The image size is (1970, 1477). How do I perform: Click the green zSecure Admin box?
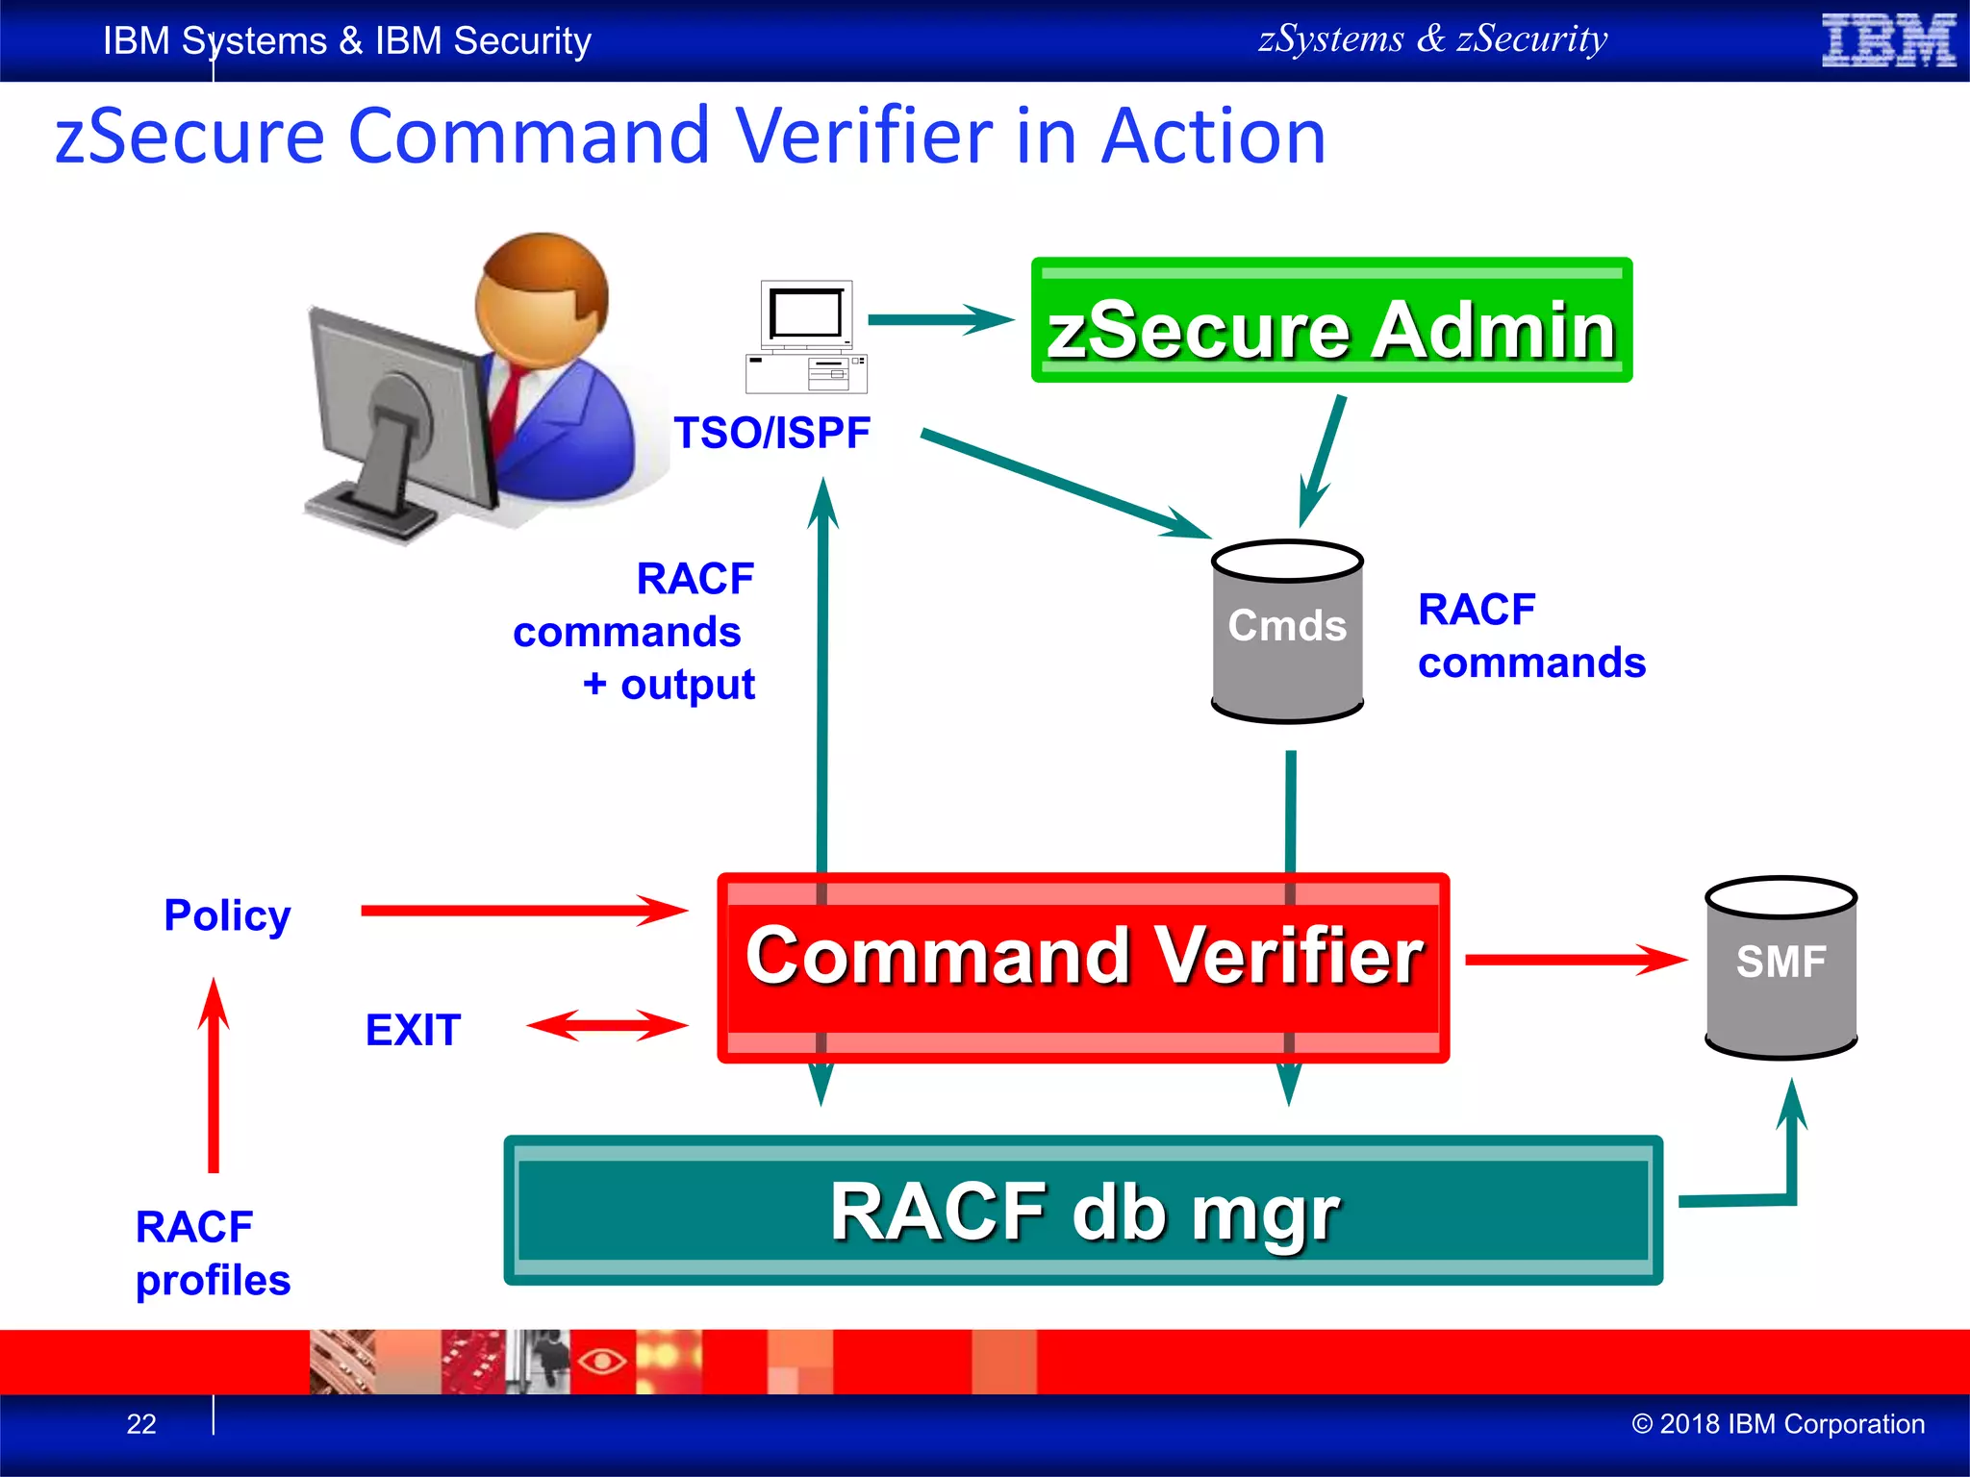[x=1330, y=320]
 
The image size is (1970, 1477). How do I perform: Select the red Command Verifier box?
[x=1083, y=966]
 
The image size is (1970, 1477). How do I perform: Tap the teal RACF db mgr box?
[x=1083, y=1211]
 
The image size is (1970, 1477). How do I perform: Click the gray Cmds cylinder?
[x=1287, y=632]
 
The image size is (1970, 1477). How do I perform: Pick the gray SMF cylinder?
[x=1781, y=967]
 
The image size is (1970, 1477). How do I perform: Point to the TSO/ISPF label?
[x=771, y=433]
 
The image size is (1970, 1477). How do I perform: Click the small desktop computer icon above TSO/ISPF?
[x=806, y=337]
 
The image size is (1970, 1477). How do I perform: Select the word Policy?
[x=227, y=914]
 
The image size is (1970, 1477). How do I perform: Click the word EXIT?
[x=413, y=1030]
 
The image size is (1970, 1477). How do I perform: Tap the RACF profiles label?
[x=213, y=1253]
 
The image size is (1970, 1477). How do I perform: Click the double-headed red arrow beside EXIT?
[x=607, y=1025]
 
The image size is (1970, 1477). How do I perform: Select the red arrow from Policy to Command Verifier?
[x=523, y=910]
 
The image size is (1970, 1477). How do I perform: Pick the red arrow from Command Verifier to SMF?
[x=1575, y=959]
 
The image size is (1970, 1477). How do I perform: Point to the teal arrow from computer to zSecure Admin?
[x=940, y=319]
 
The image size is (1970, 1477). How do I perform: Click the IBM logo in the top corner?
[x=1888, y=40]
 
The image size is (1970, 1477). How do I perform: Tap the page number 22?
[x=141, y=1423]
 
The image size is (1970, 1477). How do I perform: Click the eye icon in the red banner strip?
[x=602, y=1361]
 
